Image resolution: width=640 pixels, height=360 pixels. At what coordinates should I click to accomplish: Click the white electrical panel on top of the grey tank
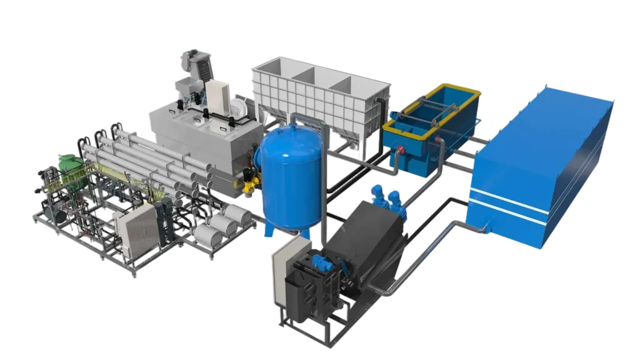218,97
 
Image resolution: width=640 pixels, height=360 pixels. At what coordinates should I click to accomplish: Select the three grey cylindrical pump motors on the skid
219,225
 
